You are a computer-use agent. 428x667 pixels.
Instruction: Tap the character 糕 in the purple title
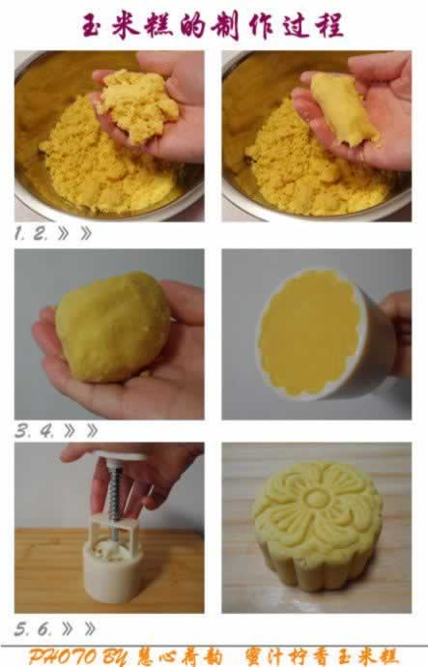tap(159, 25)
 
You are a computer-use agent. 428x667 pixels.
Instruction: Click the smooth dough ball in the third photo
tap(113, 327)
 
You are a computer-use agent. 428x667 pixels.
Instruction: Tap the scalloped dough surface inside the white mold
tap(310, 333)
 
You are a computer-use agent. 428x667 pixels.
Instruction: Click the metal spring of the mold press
tap(114, 494)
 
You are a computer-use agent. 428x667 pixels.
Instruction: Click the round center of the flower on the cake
tap(317, 498)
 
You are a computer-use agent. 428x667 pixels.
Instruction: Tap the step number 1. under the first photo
tap(21, 233)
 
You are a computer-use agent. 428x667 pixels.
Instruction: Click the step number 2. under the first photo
tap(41, 233)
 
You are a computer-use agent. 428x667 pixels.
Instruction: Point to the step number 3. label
tap(23, 431)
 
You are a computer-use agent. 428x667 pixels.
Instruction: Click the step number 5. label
tap(22, 628)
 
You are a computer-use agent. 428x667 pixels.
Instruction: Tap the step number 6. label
tap(45, 628)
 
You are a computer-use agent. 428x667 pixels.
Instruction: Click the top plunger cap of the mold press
tap(120, 457)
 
